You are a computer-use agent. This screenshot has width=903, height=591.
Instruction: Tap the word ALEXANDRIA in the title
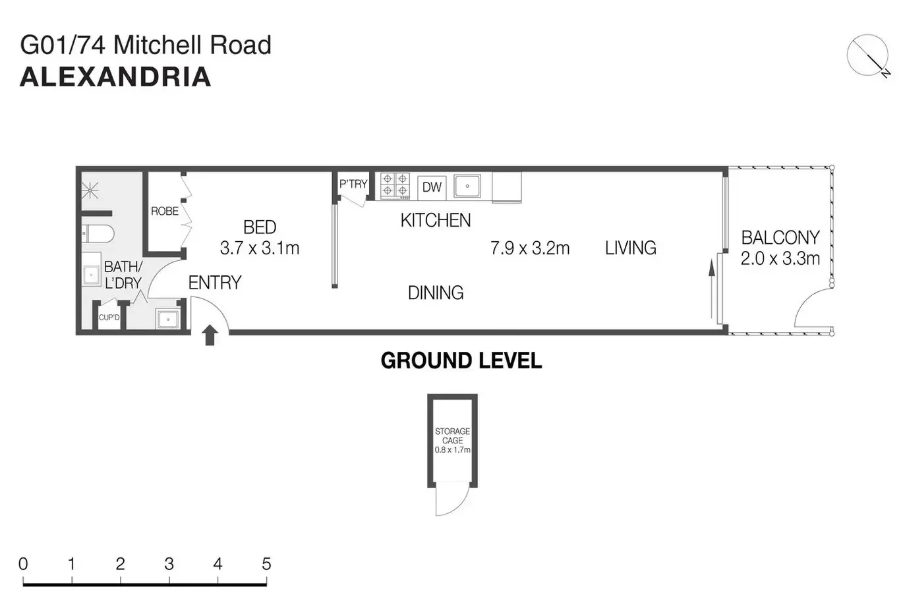(115, 77)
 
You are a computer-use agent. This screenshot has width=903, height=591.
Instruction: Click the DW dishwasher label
(432, 187)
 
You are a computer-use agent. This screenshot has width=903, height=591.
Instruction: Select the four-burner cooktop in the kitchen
(395, 185)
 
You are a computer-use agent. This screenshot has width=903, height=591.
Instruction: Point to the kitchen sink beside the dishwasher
(467, 186)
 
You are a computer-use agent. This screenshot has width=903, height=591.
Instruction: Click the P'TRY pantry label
(353, 184)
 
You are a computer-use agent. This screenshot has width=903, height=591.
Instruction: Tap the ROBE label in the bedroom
(164, 211)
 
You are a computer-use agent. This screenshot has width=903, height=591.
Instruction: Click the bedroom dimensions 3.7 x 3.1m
(259, 248)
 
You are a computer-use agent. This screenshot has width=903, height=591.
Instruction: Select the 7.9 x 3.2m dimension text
(529, 248)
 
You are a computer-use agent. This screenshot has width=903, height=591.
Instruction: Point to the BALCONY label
(780, 237)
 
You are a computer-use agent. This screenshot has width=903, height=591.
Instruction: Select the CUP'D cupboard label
(109, 318)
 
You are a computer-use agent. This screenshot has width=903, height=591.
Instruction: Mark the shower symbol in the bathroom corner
(90, 191)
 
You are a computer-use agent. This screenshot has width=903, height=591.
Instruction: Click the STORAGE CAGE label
(452, 436)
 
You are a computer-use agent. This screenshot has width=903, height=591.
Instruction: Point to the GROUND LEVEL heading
(461, 360)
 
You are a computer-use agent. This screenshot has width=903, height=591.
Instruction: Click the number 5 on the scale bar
(266, 564)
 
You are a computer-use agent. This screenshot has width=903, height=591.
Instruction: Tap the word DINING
(435, 293)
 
